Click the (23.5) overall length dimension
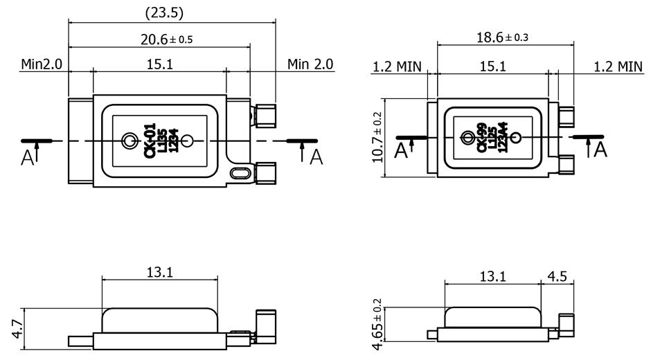point(164,13)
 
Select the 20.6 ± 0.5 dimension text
point(166,39)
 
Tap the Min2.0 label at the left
point(42,64)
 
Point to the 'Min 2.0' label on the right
point(310,64)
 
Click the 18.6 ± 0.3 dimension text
point(502,37)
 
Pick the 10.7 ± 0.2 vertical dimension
point(377,136)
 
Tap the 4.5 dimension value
point(557,277)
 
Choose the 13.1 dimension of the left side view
point(159,272)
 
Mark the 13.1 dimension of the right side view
point(492,277)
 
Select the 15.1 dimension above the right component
point(492,66)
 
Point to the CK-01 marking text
point(149,140)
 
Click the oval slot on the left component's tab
point(240,170)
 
